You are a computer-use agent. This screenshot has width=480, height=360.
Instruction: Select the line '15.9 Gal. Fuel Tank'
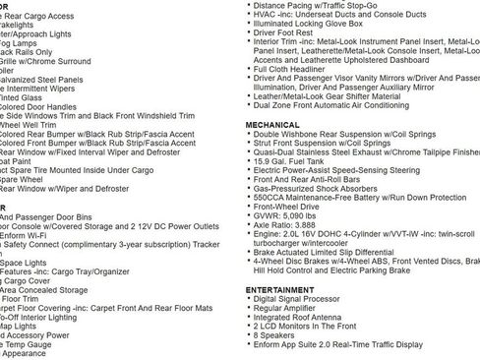(x=295, y=161)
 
